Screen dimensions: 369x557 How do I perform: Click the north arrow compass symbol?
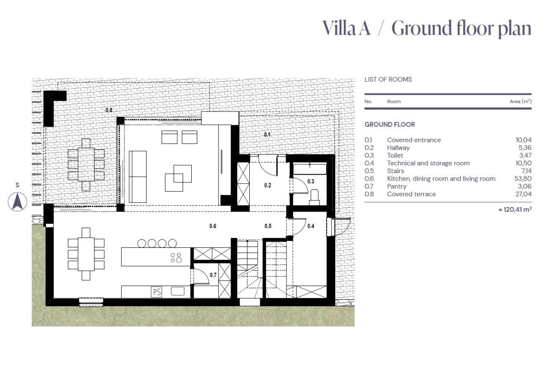(18, 201)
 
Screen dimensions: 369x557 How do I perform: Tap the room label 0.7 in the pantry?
(213, 275)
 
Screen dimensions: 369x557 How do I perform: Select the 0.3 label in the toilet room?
(311, 181)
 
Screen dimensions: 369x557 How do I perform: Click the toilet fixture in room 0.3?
(314, 195)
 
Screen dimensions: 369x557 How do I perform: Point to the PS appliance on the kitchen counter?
(156, 292)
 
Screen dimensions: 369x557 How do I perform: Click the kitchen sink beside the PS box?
(177, 291)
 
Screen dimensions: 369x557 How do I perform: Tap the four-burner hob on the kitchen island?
(176, 258)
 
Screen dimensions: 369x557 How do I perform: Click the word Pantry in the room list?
(396, 187)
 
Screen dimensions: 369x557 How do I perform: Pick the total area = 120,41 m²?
(515, 209)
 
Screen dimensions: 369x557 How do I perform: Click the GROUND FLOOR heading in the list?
(389, 125)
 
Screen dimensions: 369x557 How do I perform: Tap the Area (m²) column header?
(520, 101)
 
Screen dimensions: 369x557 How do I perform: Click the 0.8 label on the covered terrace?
(109, 110)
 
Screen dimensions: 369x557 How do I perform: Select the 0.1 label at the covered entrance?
(267, 135)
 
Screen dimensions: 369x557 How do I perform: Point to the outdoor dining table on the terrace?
(86, 164)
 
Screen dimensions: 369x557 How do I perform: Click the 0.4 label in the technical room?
(311, 227)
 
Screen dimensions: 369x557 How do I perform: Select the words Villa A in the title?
(347, 28)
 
